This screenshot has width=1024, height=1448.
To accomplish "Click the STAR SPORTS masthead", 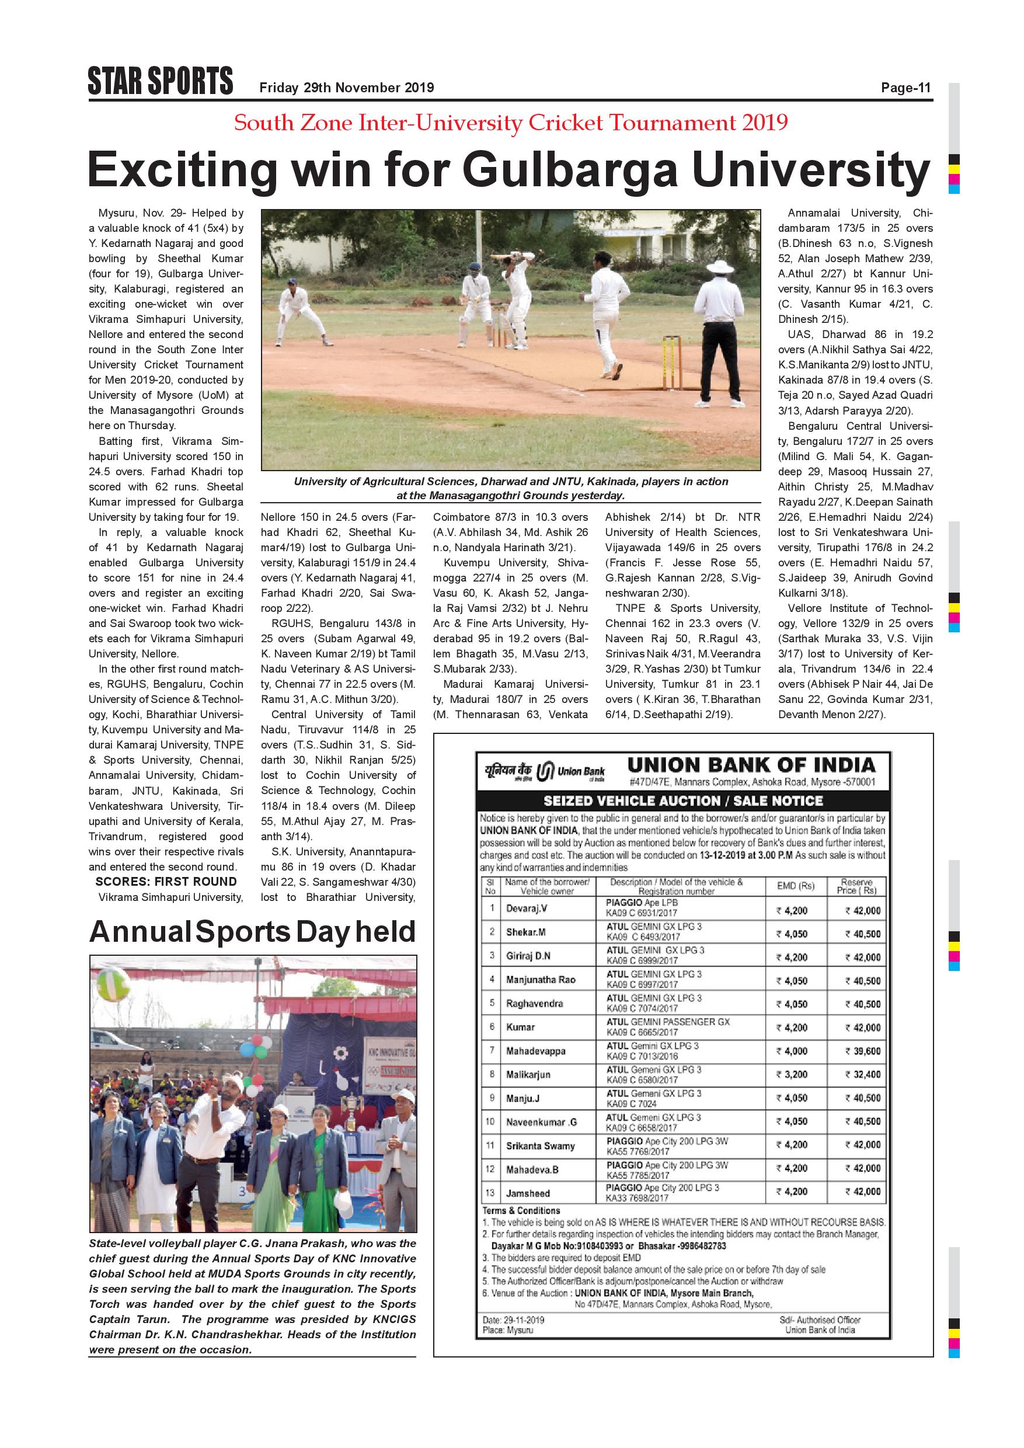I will tap(160, 81).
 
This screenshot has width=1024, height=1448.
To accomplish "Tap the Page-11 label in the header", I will tap(905, 88).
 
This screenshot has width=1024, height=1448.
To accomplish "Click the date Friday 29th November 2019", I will tap(346, 88).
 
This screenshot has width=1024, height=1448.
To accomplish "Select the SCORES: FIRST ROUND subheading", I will tap(166, 882).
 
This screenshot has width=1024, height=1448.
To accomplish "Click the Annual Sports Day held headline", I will tap(252, 932).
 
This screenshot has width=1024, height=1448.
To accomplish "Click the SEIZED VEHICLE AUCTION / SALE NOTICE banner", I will tap(683, 801).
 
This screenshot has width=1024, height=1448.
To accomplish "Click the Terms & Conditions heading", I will tap(521, 1210).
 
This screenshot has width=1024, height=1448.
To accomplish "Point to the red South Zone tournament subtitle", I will tap(511, 123).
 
